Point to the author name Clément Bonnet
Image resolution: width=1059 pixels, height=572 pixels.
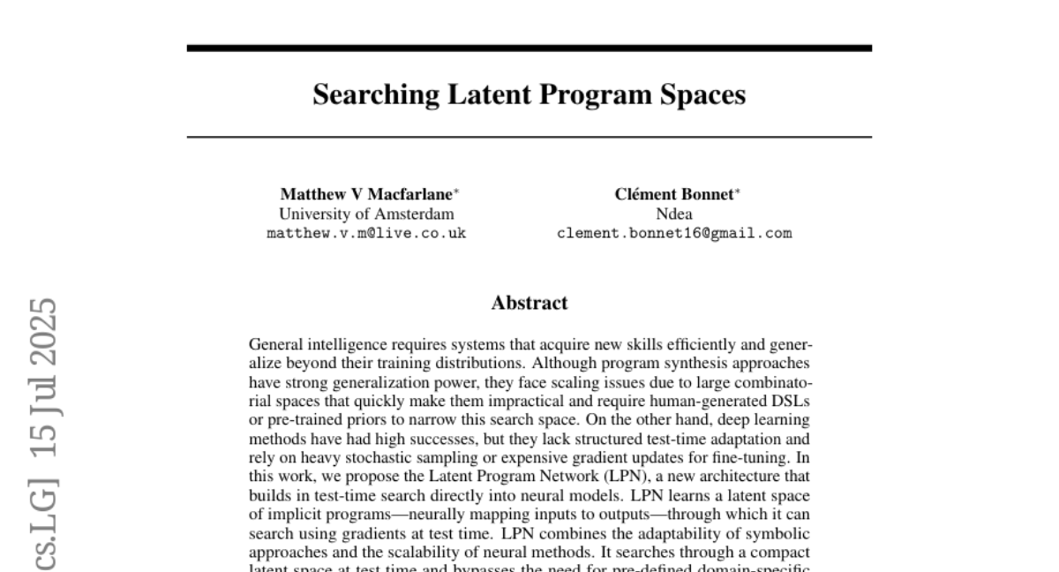(x=673, y=194)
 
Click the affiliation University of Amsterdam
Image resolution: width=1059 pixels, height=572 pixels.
(x=366, y=214)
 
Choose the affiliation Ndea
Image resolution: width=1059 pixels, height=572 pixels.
(x=674, y=214)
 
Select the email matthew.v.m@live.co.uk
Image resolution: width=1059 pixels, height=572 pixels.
(x=366, y=234)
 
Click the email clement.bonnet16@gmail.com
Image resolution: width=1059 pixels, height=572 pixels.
(x=674, y=234)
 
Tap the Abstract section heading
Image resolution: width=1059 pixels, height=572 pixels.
(x=529, y=303)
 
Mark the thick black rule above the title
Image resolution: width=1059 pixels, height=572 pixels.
(x=529, y=48)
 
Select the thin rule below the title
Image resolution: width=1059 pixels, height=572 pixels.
(x=529, y=138)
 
